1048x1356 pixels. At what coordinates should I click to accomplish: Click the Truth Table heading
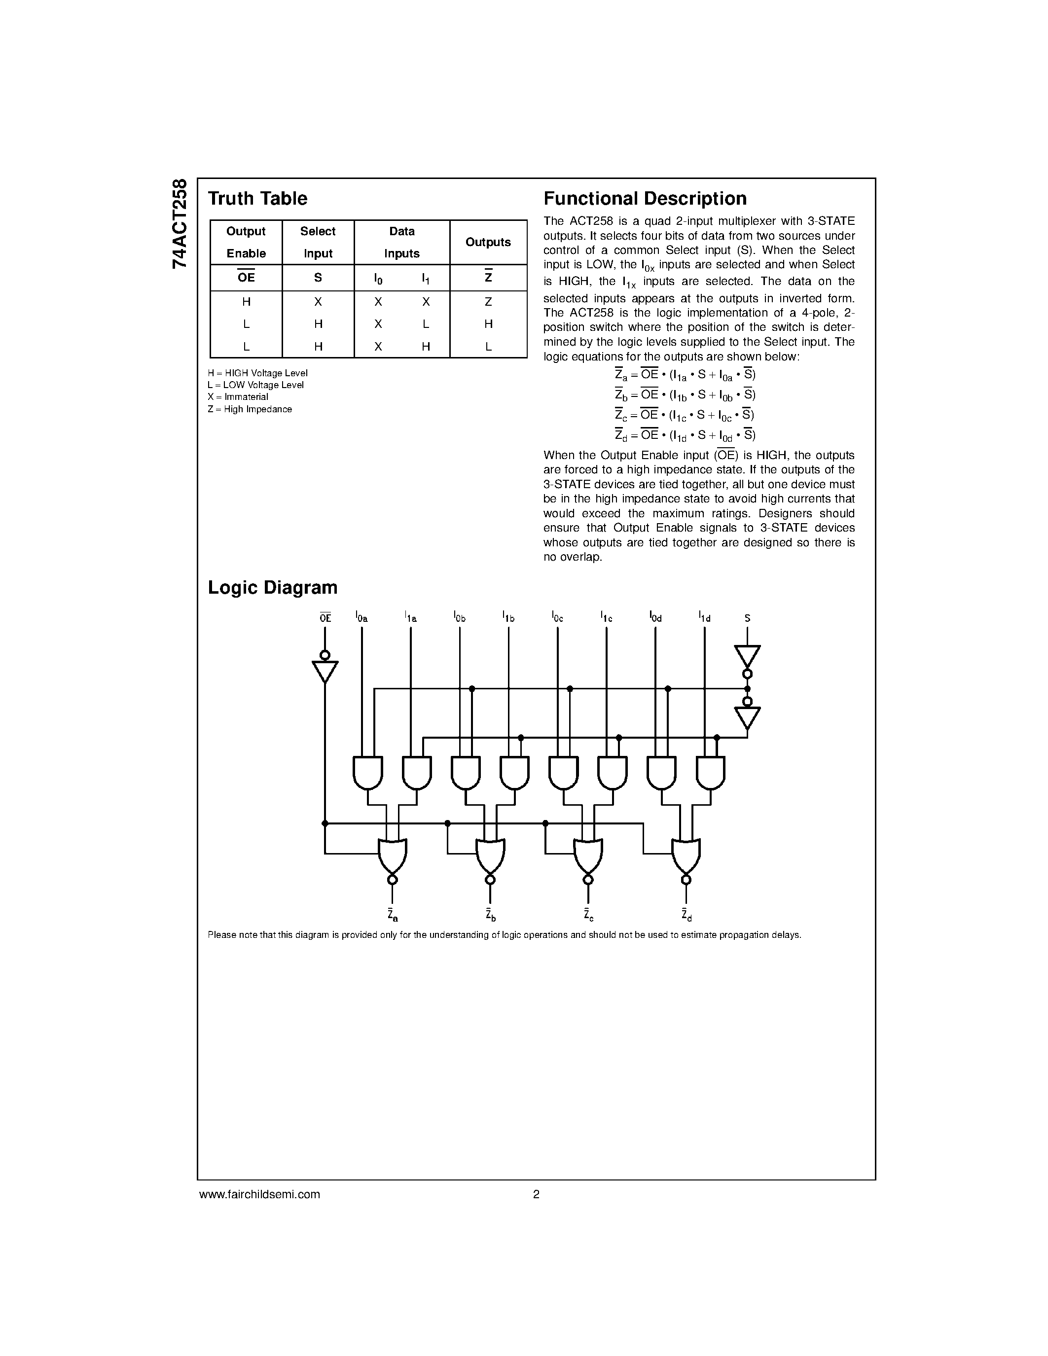257,199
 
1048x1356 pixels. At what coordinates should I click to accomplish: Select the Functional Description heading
645,199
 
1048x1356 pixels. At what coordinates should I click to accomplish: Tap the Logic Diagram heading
273,587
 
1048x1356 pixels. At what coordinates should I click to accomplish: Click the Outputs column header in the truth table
488,242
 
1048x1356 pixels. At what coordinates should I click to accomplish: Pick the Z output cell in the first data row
488,302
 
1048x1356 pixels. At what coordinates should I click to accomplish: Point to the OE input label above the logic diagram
325,618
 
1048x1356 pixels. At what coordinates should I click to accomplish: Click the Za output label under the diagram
392,915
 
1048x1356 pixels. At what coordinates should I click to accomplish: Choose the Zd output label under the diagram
686,915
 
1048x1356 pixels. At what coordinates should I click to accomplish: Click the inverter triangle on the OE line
325,671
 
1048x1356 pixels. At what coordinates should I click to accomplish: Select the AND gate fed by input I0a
367,772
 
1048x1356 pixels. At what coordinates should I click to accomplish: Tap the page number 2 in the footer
536,1194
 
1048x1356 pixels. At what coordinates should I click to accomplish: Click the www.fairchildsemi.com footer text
259,1194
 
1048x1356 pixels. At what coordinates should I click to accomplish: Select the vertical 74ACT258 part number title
180,223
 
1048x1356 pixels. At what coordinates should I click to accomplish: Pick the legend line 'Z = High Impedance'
250,409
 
